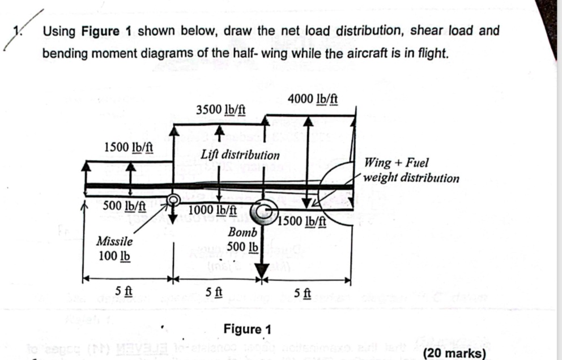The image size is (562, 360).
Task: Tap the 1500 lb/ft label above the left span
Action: click(x=129, y=148)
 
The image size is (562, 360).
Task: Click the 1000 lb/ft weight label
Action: click(x=212, y=209)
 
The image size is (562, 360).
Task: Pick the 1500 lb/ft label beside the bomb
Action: click(x=303, y=221)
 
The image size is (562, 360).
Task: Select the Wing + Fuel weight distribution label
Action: click(x=411, y=170)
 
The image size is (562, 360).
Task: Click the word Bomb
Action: click(x=242, y=233)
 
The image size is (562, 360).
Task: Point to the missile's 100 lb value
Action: click(x=114, y=255)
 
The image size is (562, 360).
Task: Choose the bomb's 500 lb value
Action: click(x=242, y=247)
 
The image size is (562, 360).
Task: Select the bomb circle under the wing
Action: click(x=263, y=210)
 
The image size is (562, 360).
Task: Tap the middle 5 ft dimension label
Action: click(x=214, y=292)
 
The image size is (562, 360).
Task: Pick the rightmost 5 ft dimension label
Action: click(x=303, y=293)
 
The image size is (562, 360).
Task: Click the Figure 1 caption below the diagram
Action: click(x=248, y=329)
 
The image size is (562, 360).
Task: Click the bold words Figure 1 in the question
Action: click(x=107, y=31)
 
